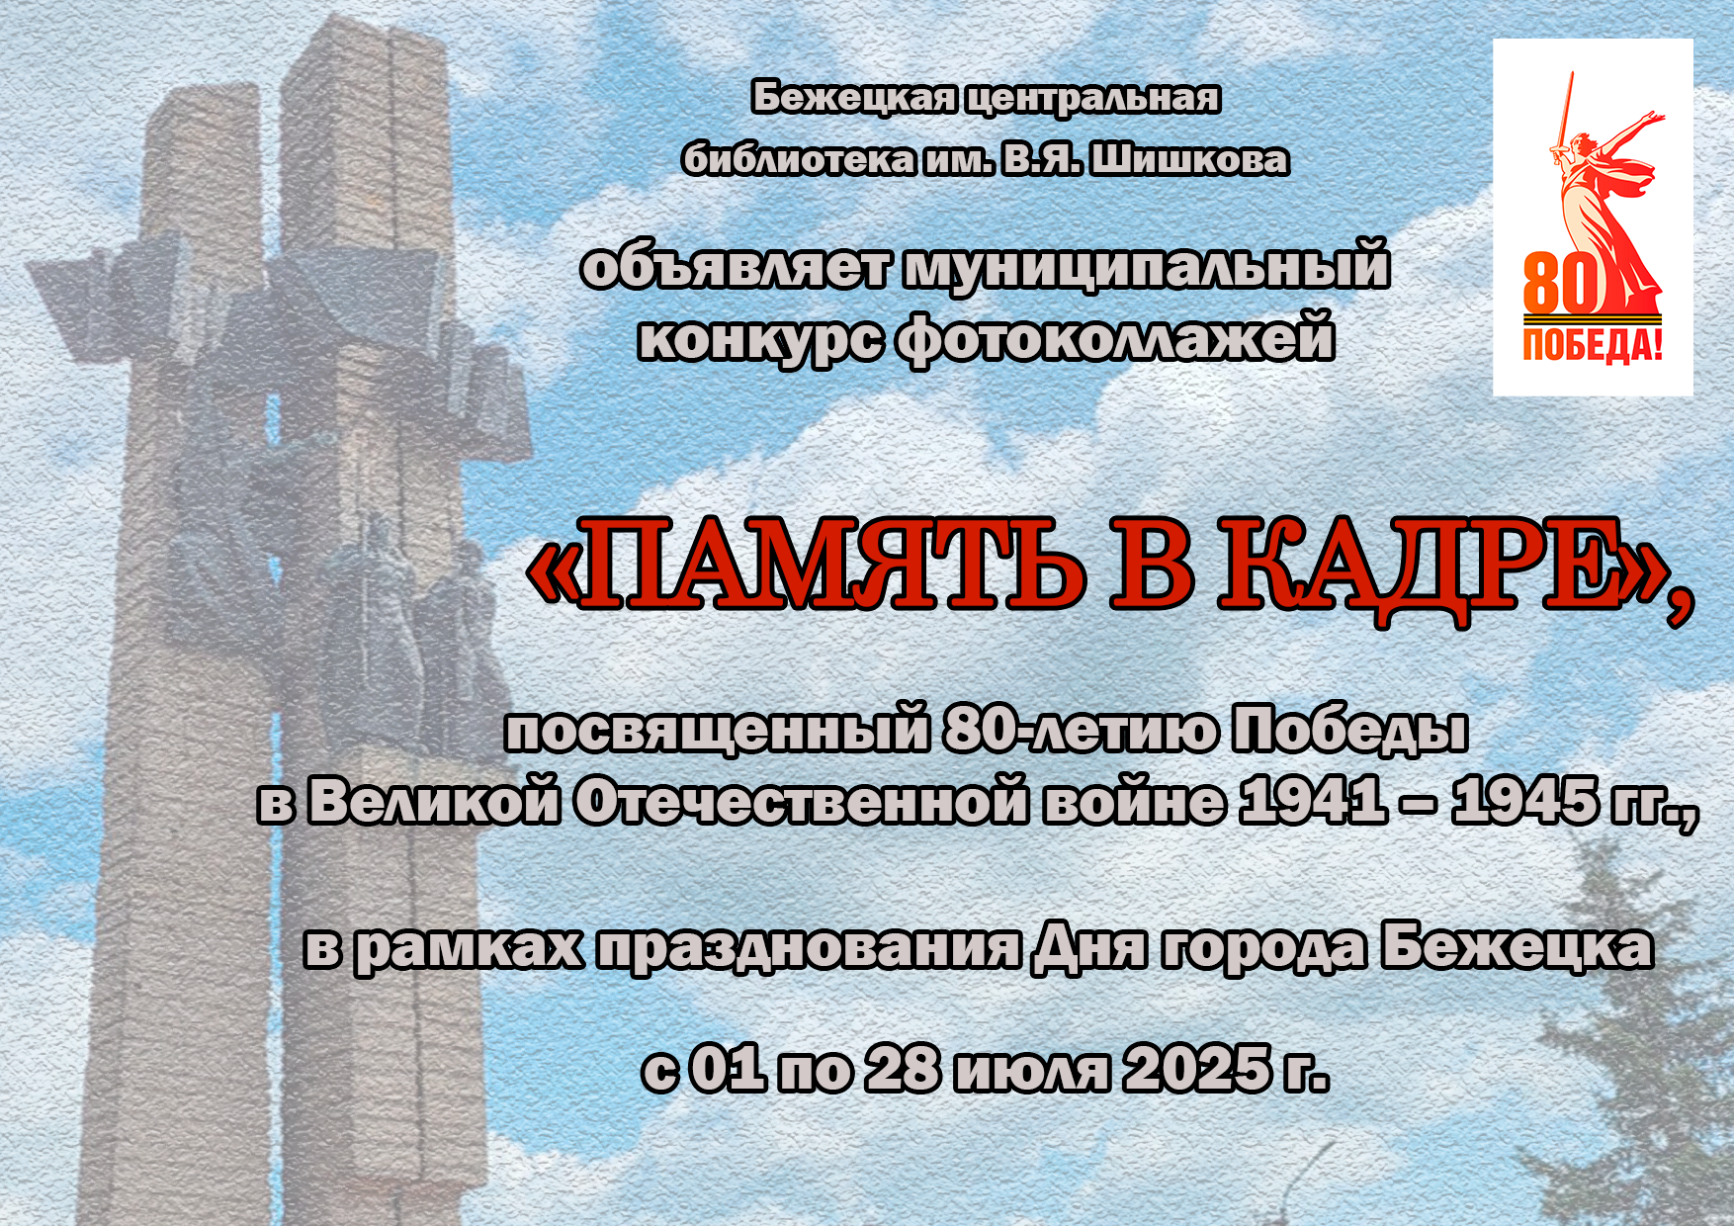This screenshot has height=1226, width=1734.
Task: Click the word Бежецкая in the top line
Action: pos(854,99)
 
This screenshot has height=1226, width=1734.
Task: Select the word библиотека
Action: pos(799,160)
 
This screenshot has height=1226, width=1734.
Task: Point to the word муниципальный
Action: pos(1147,269)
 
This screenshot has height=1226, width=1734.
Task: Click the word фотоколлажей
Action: pos(1115,339)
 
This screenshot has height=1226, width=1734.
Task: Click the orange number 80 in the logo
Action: pos(1561,282)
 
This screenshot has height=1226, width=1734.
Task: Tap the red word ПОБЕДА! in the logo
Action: pos(1593,345)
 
